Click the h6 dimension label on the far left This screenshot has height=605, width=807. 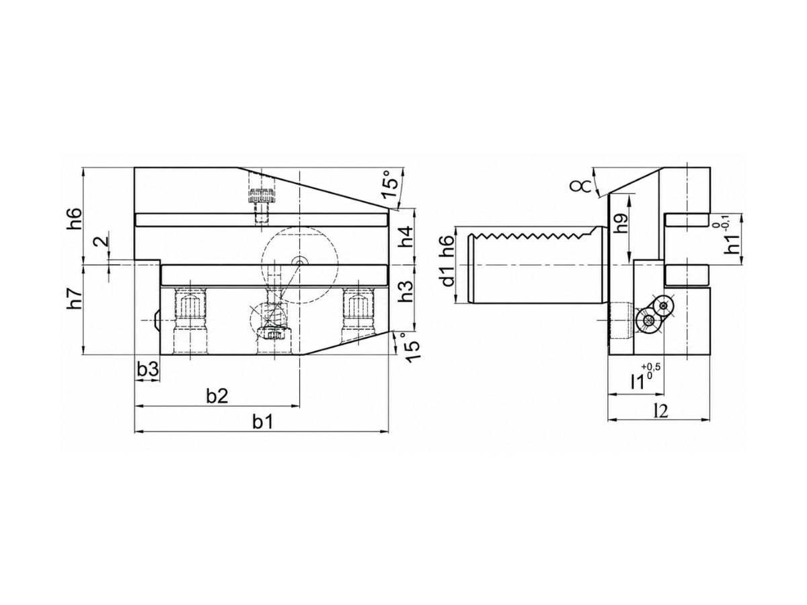(74, 219)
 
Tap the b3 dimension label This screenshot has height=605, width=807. (148, 369)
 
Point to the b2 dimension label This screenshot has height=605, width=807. (217, 396)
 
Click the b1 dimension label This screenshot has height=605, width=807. (262, 422)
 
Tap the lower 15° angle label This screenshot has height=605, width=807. (411, 347)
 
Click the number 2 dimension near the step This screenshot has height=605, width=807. (104, 241)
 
